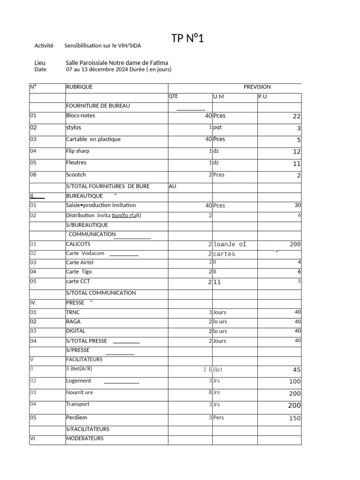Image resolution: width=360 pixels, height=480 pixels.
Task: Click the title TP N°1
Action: click(187, 38)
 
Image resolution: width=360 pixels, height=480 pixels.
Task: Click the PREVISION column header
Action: click(257, 87)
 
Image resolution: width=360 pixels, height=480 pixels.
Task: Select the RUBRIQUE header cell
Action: click(79, 87)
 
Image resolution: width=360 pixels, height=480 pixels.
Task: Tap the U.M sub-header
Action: click(218, 97)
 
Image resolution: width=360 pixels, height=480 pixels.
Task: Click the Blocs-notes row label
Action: click(80, 115)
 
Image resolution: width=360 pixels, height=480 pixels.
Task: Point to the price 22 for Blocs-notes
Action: click(296, 116)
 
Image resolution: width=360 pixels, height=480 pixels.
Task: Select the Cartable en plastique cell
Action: click(93, 139)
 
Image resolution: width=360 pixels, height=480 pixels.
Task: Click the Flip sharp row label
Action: click(78, 151)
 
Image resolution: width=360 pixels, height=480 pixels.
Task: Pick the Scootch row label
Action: click(76, 174)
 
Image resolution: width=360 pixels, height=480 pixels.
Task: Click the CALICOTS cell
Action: click(78, 244)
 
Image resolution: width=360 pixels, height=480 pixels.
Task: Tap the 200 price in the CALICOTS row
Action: click(295, 244)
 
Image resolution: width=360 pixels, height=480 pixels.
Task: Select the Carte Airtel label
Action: click(80, 262)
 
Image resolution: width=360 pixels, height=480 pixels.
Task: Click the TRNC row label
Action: click(73, 312)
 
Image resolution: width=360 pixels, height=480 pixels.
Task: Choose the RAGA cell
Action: click(73, 322)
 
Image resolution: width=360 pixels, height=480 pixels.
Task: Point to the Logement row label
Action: click(79, 381)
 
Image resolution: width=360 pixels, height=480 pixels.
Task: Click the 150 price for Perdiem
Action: click(294, 418)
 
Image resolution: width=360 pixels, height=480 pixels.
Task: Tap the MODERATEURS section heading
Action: click(85, 439)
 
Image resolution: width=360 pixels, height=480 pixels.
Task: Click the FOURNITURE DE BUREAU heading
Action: click(98, 106)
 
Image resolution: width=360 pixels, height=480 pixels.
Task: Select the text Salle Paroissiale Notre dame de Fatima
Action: click(117, 63)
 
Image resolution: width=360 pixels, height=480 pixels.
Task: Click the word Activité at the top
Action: click(44, 45)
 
